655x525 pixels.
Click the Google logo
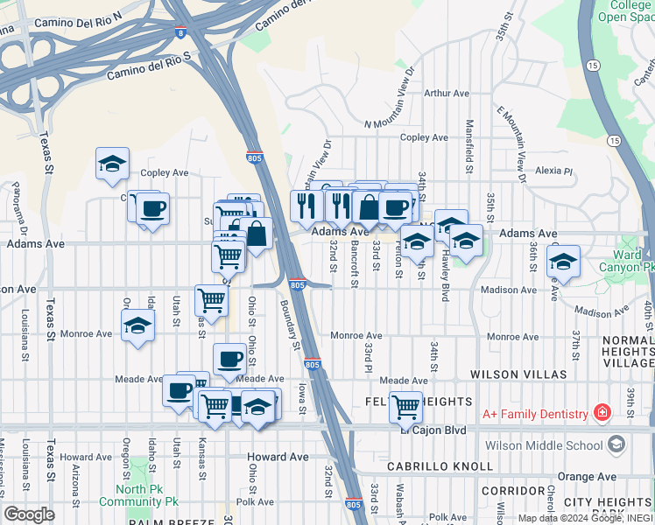tap(29, 514)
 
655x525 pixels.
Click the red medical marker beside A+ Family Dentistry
tap(602, 412)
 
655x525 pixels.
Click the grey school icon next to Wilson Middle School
tap(617, 444)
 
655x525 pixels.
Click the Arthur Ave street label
tap(447, 93)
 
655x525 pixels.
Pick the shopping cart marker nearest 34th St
tap(405, 406)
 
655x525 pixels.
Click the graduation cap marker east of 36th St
tap(563, 262)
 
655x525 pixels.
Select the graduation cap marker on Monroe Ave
tap(137, 327)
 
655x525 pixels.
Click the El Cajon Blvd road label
tap(436, 430)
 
